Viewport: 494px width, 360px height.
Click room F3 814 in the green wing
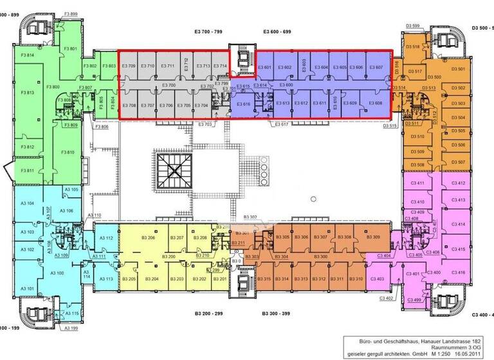point(27,56)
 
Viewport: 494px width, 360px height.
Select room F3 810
point(68,152)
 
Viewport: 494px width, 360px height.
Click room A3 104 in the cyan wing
point(27,204)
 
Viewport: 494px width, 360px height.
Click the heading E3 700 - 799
point(209,31)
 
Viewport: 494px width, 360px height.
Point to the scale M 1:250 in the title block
point(438,353)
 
